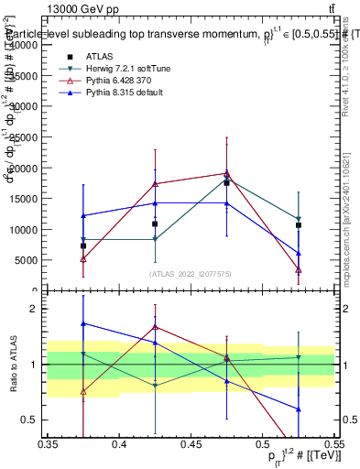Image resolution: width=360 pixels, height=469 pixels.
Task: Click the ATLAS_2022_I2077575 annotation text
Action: [x=191, y=273]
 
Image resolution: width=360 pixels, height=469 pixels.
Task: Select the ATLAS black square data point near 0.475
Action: [x=226, y=183]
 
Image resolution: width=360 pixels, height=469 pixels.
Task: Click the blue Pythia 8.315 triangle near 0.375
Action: [x=83, y=216]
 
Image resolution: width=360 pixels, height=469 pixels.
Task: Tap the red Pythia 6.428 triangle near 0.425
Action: [x=155, y=184]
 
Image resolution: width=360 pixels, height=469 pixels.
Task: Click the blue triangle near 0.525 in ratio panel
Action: [x=298, y=409]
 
